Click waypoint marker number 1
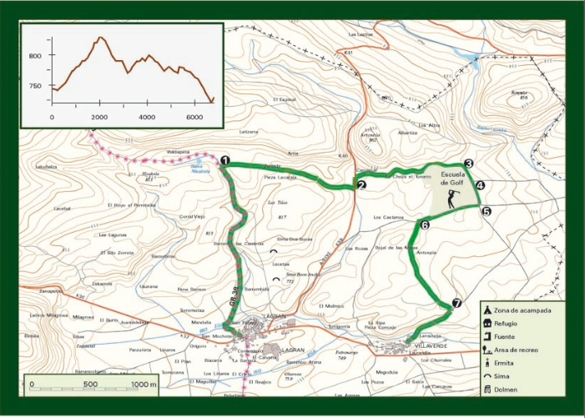(225, 161)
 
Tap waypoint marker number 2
(361, 185)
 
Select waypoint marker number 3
(469, 165)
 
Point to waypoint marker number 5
(486, 212)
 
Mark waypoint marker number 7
(456, 305)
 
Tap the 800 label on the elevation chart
(36, 56)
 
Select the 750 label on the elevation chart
(36, 86)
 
